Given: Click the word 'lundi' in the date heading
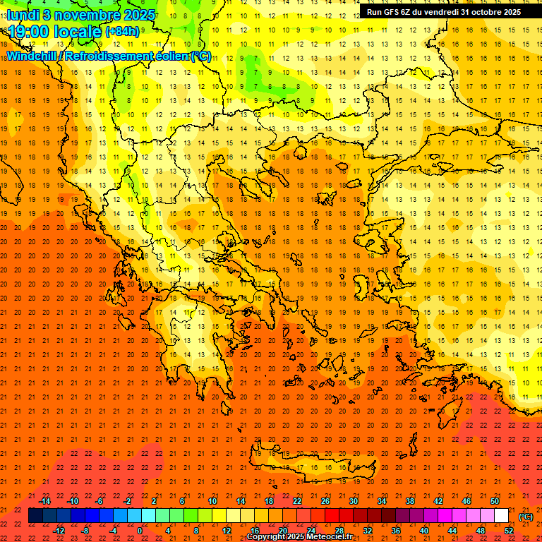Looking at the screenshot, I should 23,14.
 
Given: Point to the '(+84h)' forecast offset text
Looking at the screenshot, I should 122,32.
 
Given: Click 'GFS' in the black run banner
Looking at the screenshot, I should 393,12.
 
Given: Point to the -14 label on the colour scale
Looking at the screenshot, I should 44,501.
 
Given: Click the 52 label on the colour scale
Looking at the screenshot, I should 508,530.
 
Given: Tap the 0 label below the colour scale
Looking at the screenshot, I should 140,530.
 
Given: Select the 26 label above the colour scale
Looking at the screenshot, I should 325,501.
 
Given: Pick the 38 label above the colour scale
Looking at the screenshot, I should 410,501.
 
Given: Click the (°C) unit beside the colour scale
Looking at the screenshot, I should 525,516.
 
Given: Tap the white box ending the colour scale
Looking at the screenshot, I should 501,516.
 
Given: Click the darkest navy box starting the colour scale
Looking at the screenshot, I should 35,516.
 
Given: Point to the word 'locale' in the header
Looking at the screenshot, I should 77,31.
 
